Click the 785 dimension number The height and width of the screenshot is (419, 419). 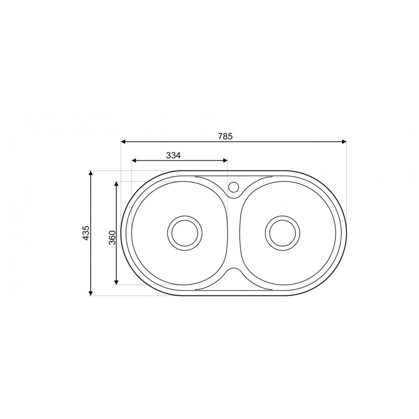(x=225, y=136)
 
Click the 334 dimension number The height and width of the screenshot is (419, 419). (x=173, y=155)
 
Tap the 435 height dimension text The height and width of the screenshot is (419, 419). (x=85, y=233)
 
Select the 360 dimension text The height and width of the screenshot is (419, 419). (x=112, y=238)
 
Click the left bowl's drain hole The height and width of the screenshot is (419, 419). (x=184, y=233)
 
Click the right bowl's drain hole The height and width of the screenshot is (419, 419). (x=282, y=233)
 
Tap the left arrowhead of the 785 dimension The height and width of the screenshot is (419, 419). (x=123, y=142)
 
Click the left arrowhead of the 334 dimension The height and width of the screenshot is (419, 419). (x=134, y=160)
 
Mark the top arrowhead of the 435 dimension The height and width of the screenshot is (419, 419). (x=91, y=173)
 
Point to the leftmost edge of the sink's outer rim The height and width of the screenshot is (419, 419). (x=121, y=233)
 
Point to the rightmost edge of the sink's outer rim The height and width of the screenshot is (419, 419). (x=346, y=233)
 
